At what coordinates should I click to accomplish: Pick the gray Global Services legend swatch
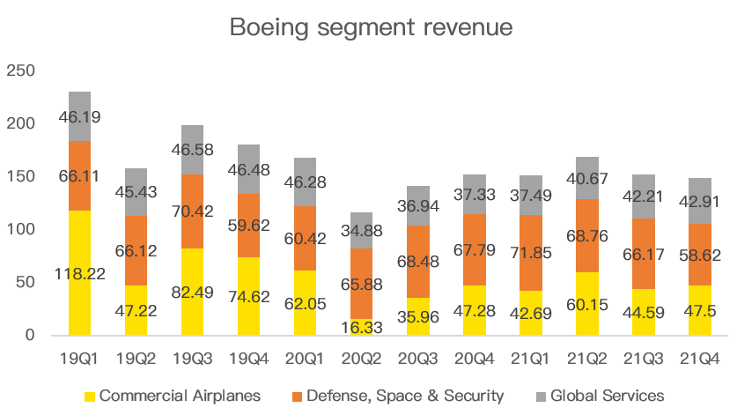(539, 396)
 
